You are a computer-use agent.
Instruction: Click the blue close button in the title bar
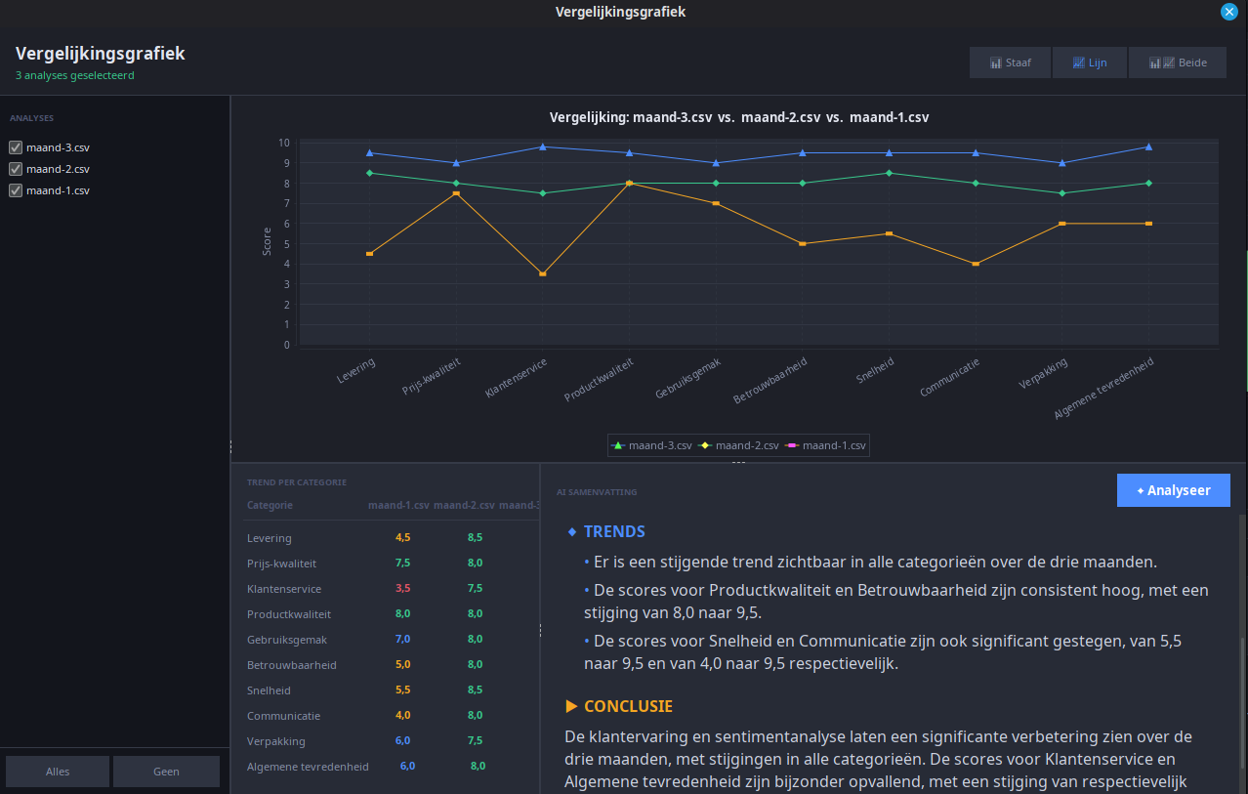[x=1228, y=12]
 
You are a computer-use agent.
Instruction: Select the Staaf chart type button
[x=1010, y=63]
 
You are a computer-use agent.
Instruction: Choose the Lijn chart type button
[x=1090, y=63]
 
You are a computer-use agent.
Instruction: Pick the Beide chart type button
[x=1178, y=63]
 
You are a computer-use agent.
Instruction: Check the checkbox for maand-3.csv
[x=16, y=147]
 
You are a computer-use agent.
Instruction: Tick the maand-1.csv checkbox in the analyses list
[x=16, y=190]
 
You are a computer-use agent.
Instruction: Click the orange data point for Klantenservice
[x=543, y=274]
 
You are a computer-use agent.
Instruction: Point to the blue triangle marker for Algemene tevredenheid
[x=1148, y=147]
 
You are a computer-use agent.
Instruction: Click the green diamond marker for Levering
[x=369, y=173]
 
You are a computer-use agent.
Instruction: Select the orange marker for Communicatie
[x=976, y=264]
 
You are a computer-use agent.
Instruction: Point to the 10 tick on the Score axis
[x=284, y=144]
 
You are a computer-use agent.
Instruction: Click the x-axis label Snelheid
[x=875, y=370]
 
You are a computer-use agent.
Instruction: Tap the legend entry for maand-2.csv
[x=739, y=445]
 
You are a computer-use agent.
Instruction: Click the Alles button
[x=58, y=772]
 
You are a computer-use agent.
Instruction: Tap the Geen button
[x=166, y=772]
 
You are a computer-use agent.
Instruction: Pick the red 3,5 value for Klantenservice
[x=402, y=588]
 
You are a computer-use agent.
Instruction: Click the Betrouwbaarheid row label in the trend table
[x=291, y=665]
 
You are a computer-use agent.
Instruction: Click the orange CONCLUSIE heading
[x=628, y=706]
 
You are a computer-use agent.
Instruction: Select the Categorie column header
[x=270, y=505]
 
